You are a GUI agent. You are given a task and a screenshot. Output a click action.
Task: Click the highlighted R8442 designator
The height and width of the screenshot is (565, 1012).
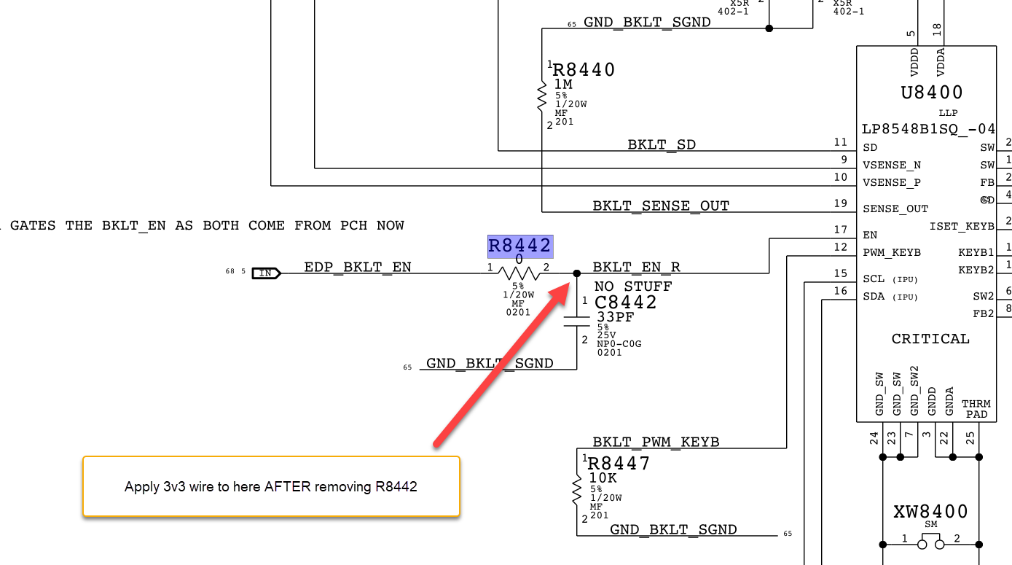click(x=519, y=246)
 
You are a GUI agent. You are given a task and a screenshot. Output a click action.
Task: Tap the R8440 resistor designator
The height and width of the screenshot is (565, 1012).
click(x=584, y=70)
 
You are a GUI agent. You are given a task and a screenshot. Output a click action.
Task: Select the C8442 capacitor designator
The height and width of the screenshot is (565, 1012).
click(x=626, y=302)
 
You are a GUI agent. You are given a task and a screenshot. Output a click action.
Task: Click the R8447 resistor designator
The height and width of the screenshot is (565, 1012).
click(x=619, y=464)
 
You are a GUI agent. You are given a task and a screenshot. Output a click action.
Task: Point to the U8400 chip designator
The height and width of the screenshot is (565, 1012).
click(x=932, y=93)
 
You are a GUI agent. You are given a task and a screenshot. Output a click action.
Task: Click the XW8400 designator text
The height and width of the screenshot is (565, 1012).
click(x=930, y=512)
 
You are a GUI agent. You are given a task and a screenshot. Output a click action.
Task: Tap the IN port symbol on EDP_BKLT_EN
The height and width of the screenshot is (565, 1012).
click(x=266, y=273)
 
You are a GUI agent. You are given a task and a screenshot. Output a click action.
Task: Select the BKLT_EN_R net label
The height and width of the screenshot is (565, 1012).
click(x=636, y=267)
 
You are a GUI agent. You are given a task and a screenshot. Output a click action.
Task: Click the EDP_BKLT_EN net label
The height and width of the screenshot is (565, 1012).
click(x=357, y=267)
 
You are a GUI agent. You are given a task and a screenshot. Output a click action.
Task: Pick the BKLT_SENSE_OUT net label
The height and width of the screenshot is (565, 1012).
click(x=660, y=206)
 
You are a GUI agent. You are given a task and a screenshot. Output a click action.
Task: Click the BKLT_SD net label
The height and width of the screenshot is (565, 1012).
click(x=662, y=144)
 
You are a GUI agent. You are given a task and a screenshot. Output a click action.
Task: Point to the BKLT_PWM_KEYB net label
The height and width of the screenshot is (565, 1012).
click(x=656, y=442)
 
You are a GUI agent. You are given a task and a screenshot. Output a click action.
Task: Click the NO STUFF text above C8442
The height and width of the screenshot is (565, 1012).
click(x=632, y=286)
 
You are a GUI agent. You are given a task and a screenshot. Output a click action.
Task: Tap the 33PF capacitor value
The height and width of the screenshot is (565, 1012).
click(x=615, y=317)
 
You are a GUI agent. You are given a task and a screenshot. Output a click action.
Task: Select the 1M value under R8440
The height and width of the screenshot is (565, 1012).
click(x=563, y=85)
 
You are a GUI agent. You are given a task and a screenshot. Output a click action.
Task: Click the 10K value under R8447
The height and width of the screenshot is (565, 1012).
click(x=603, y=478)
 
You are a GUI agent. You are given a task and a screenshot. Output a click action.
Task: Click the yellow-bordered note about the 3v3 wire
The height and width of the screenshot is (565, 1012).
click(x=271, y=486)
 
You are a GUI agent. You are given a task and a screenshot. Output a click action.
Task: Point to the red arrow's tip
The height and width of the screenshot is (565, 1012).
click(x=570, y=285)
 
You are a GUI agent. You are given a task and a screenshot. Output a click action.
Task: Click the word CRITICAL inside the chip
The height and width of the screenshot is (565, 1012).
click(x=930, y=339)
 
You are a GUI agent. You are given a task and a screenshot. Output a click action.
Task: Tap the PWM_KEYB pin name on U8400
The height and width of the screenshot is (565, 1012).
click(x=892, y=252)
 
